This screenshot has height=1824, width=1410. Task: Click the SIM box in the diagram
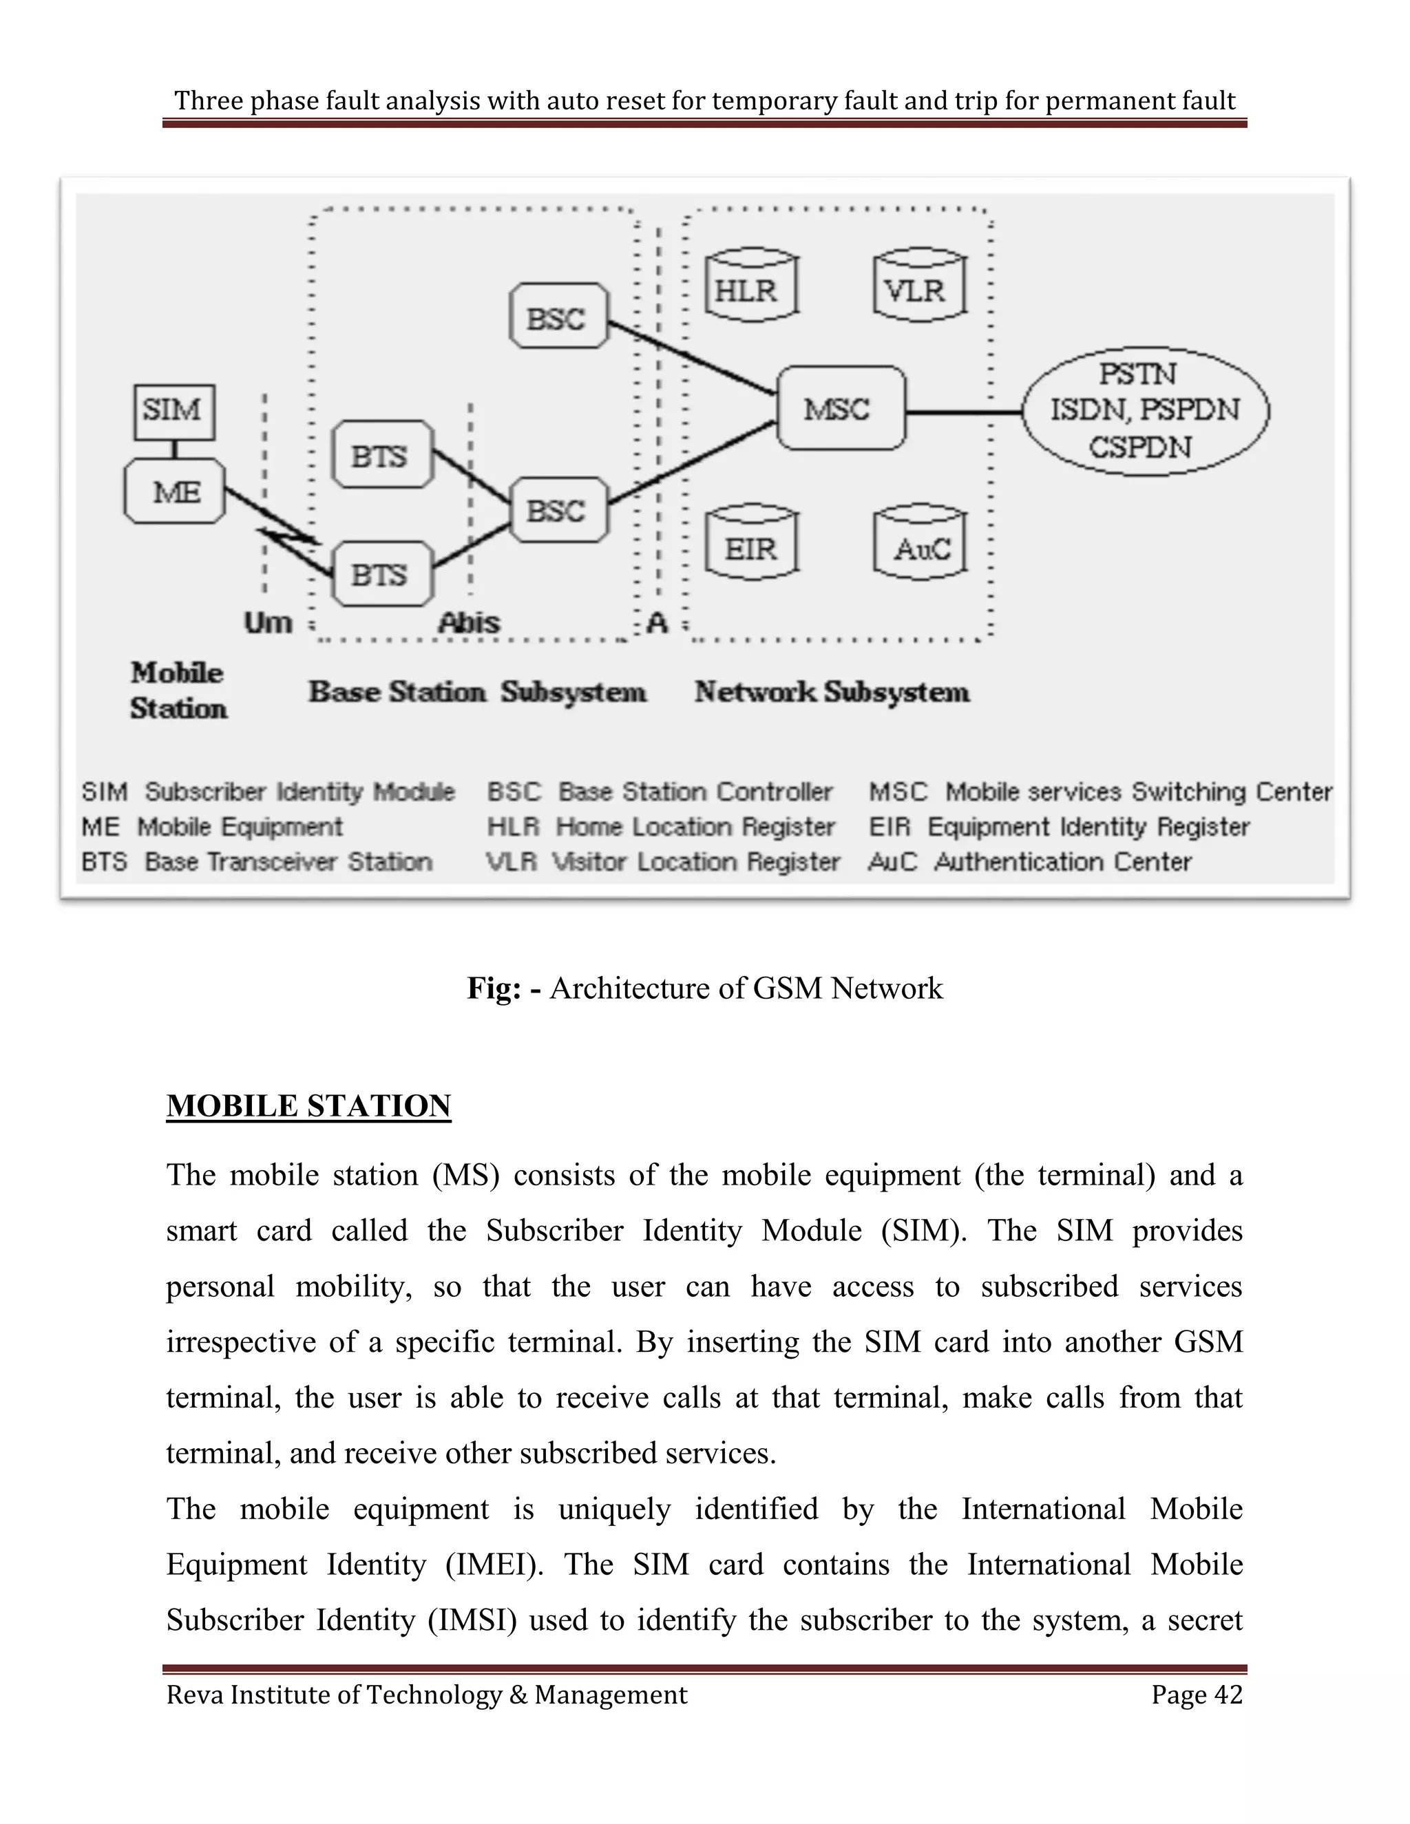tap(173, 412)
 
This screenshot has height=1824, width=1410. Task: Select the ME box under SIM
tap(175, 492)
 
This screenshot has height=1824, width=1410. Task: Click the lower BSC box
tap(558, 509)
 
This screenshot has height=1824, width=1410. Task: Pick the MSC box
tap(841, 408)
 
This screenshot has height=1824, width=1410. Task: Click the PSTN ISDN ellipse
tap(1145, 410)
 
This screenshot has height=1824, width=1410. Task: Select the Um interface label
tap(268, 623)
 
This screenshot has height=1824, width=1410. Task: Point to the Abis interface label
tap(470, 623)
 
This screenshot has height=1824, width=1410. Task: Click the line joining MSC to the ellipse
tap(965, 411)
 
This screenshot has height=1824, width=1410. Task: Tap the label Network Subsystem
tap(832, 692)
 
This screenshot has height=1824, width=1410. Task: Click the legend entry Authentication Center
tap(1029, 862)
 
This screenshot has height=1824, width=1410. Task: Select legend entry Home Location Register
tap(661, 827)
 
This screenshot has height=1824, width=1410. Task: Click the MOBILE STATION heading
tap(308, 1106)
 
